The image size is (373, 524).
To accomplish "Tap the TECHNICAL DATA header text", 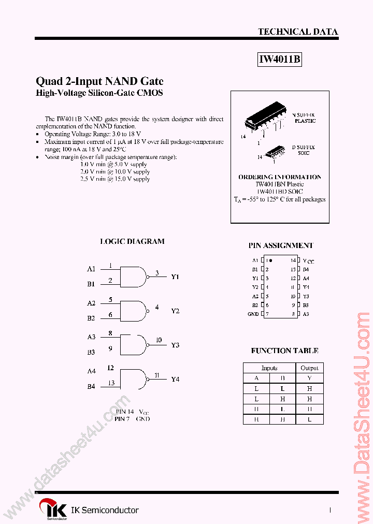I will [x=298, y=32].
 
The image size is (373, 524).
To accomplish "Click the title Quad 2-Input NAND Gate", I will [x=99, y=81].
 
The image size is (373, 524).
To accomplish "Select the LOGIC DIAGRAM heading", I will [x=132, y=241].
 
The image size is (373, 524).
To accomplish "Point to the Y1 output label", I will [x=175, y=276].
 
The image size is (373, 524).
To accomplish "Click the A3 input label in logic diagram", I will [x=91, y=337].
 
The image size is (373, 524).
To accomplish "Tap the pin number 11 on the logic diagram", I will [x=156, y=375].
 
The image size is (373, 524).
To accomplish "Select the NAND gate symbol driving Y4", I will [x=134, y=379].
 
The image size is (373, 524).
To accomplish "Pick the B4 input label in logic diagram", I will [x=91, y=386].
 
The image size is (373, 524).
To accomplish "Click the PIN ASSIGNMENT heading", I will [x=281, y=245].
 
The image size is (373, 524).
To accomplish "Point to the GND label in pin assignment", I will [x=253, y=314].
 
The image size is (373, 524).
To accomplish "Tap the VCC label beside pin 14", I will [x=308, y=261].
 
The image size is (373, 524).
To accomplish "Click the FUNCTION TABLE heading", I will [x=284, y=351].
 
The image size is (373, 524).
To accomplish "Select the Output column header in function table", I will [x=309, y=368].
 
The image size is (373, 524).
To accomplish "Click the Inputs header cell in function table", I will [x=269, y=368].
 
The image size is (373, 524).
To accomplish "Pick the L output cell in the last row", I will [x=309, y=419].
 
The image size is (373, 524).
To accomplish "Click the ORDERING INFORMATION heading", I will [x=280, y=177].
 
